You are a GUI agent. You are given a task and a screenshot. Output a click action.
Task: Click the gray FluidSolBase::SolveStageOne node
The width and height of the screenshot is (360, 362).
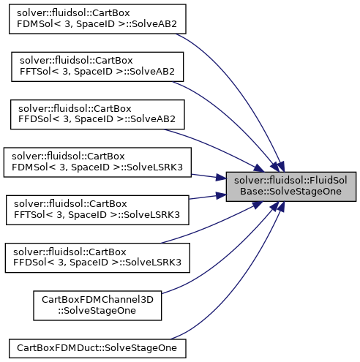(x=291, y=186)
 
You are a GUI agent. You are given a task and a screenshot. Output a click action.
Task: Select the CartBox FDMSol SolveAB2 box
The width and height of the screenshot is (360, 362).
(x=97, y=19)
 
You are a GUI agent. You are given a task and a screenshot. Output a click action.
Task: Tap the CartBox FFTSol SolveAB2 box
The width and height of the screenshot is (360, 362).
(x=97, y=67)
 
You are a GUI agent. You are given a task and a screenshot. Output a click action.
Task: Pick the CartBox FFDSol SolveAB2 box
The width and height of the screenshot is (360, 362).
(x=97, y=114)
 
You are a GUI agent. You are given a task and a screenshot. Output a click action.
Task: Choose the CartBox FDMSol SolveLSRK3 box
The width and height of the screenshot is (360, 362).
(x=97, y=162)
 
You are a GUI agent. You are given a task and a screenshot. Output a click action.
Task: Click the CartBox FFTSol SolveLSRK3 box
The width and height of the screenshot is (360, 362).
(x=97, y=210)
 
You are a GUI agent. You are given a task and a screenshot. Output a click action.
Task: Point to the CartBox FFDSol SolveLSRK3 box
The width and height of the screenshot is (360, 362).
(x=97, y=257)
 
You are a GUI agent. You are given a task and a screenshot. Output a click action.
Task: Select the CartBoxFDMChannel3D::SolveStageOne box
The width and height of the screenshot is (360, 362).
(x=97, y=306)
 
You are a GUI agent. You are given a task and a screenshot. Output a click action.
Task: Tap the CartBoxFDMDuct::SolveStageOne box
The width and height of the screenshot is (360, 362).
(x=97, y=348)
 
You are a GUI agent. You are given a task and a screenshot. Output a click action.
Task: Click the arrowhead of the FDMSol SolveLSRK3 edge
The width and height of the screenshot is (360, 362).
(x=221, y=178)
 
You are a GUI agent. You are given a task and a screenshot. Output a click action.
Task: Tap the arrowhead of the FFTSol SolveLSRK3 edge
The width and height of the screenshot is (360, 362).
(x=221, y=195)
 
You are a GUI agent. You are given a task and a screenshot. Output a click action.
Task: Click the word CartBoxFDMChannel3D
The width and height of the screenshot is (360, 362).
(x=97, y=300)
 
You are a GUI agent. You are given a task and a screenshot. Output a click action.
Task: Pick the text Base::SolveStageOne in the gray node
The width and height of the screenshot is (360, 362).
(x=290, y=192)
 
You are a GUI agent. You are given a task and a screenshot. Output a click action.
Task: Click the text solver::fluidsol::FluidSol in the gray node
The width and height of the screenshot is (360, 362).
(x=290, y=181)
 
